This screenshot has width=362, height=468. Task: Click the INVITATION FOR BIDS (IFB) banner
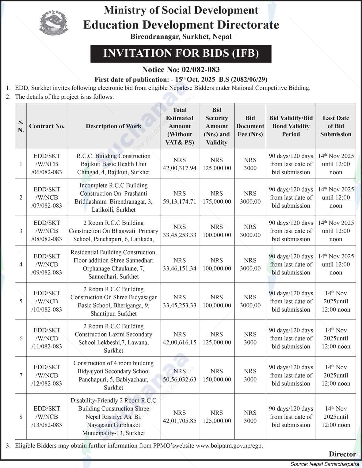tap(181, 54)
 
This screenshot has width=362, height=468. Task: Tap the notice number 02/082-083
tap(181, 70)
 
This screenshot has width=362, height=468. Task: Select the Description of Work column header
tap(113, 126)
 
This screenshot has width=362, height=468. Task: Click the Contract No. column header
tap(47, 126)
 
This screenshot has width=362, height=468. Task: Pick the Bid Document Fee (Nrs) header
tap(250, 126)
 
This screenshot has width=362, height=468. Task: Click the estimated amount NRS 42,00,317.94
tap(180, 164)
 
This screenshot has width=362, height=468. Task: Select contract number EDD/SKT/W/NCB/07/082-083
tap(47, 198)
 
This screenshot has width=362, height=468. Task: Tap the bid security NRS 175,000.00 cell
tap(217, 198)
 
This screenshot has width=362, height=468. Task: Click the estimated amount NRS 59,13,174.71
tap(180, 198)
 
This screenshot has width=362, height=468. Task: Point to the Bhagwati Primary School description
tap(113, 231)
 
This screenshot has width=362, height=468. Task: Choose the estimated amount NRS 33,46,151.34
tap(180, 264)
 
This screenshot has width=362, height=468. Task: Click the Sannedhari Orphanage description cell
tap(113, 264)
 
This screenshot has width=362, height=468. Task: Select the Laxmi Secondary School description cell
tap(113, 338)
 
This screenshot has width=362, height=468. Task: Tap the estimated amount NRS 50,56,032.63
tap(180, 375)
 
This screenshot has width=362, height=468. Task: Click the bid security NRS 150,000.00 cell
tap(217, 375)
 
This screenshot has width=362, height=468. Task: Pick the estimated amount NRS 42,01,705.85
tap(180, 417)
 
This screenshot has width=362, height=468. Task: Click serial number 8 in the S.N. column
tap(21, 417)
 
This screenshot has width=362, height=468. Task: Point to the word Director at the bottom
tap(342, 454)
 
